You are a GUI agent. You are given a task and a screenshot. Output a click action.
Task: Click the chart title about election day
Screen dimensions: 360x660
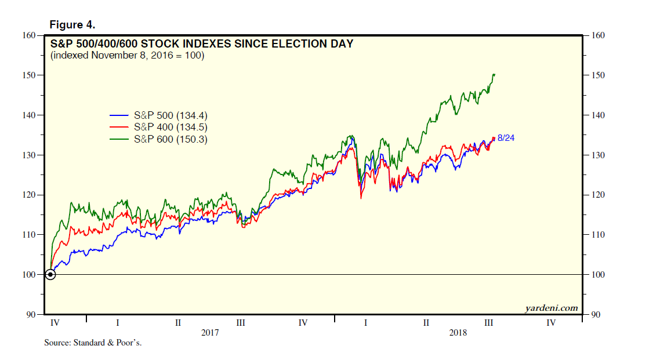202,43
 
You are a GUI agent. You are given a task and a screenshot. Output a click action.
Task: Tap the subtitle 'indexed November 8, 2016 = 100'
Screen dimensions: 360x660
127,56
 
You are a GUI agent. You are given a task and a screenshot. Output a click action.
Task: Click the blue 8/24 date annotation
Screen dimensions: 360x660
506,137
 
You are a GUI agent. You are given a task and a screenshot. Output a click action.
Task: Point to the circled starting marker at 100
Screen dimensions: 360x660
50,274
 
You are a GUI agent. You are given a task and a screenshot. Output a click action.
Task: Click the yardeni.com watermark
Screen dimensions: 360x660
552,308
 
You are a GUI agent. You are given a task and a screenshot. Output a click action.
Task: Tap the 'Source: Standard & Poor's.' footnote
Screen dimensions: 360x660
93,343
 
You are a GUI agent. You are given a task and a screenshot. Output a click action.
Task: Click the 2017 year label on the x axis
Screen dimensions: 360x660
210,333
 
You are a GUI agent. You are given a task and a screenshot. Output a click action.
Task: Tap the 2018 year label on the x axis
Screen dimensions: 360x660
458,333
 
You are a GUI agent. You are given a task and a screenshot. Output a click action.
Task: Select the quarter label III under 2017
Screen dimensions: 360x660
241,323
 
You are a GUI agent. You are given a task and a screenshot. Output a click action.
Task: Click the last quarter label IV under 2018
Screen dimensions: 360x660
551,323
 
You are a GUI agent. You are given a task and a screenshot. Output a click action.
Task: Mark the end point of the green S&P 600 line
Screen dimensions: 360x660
494,74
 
